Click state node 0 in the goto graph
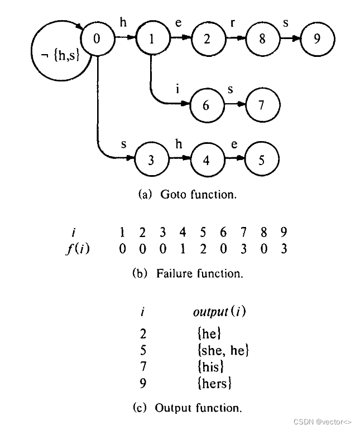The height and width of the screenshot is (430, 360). tap(98, 39)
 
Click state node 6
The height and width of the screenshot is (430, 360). tap(206, 105)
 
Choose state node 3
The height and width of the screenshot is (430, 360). tap(151, 160)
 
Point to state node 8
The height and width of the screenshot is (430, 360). tap(262, 39)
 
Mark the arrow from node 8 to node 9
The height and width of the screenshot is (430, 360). tap(290, 39)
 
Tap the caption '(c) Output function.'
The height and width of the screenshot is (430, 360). tap(188, 408)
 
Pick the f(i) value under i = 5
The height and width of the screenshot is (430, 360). tap(203, 249)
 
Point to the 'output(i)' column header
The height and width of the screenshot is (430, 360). tap(219, 311)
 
